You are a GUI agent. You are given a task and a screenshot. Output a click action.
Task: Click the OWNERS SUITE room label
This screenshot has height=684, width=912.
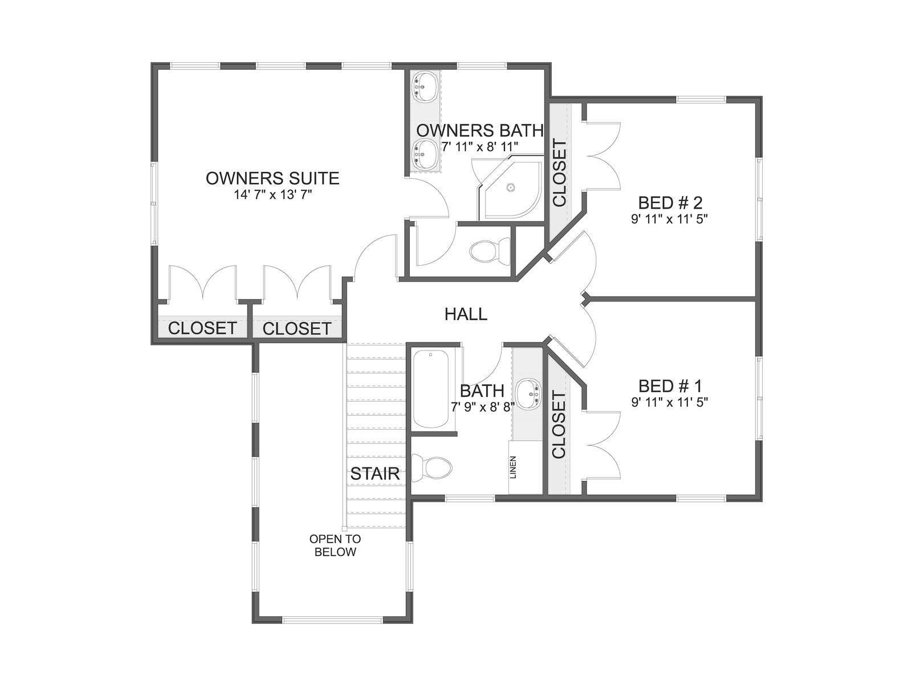272,178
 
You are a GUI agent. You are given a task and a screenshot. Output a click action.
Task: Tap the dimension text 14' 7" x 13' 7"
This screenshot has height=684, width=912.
272,195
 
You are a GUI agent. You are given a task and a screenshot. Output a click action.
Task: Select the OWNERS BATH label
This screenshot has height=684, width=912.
480,131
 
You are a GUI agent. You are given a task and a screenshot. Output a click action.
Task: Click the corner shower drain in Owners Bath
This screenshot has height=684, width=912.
510,188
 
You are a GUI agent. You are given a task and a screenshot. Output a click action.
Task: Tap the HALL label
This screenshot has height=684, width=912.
466,314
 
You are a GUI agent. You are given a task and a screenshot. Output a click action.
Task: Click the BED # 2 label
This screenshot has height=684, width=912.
670,203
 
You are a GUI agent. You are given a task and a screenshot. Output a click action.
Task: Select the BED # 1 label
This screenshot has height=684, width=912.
670,386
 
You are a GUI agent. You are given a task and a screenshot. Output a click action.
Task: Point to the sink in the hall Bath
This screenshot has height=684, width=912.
528,393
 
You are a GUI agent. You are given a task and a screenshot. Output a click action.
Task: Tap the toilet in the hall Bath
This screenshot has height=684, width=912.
431,468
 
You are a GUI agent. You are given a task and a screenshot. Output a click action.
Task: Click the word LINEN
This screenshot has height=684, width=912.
512,467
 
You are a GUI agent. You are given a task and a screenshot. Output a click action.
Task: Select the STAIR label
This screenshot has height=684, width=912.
374,474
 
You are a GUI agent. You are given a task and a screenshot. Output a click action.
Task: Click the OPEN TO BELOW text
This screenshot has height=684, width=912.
335,545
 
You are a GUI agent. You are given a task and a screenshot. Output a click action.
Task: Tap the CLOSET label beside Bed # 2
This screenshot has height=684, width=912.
560,173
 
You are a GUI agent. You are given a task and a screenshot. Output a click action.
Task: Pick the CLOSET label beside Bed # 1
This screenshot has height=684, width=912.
559,425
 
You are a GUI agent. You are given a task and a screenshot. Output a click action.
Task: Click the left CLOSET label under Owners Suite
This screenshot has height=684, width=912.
202,328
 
